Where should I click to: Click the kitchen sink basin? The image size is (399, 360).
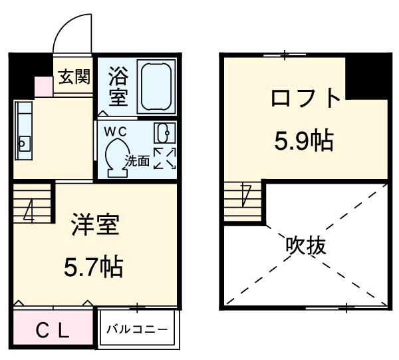click(x=25, y=142)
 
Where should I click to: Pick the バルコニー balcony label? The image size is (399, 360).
click(x=138, y=329)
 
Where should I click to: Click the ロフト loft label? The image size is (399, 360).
click(x=305, y=100)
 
